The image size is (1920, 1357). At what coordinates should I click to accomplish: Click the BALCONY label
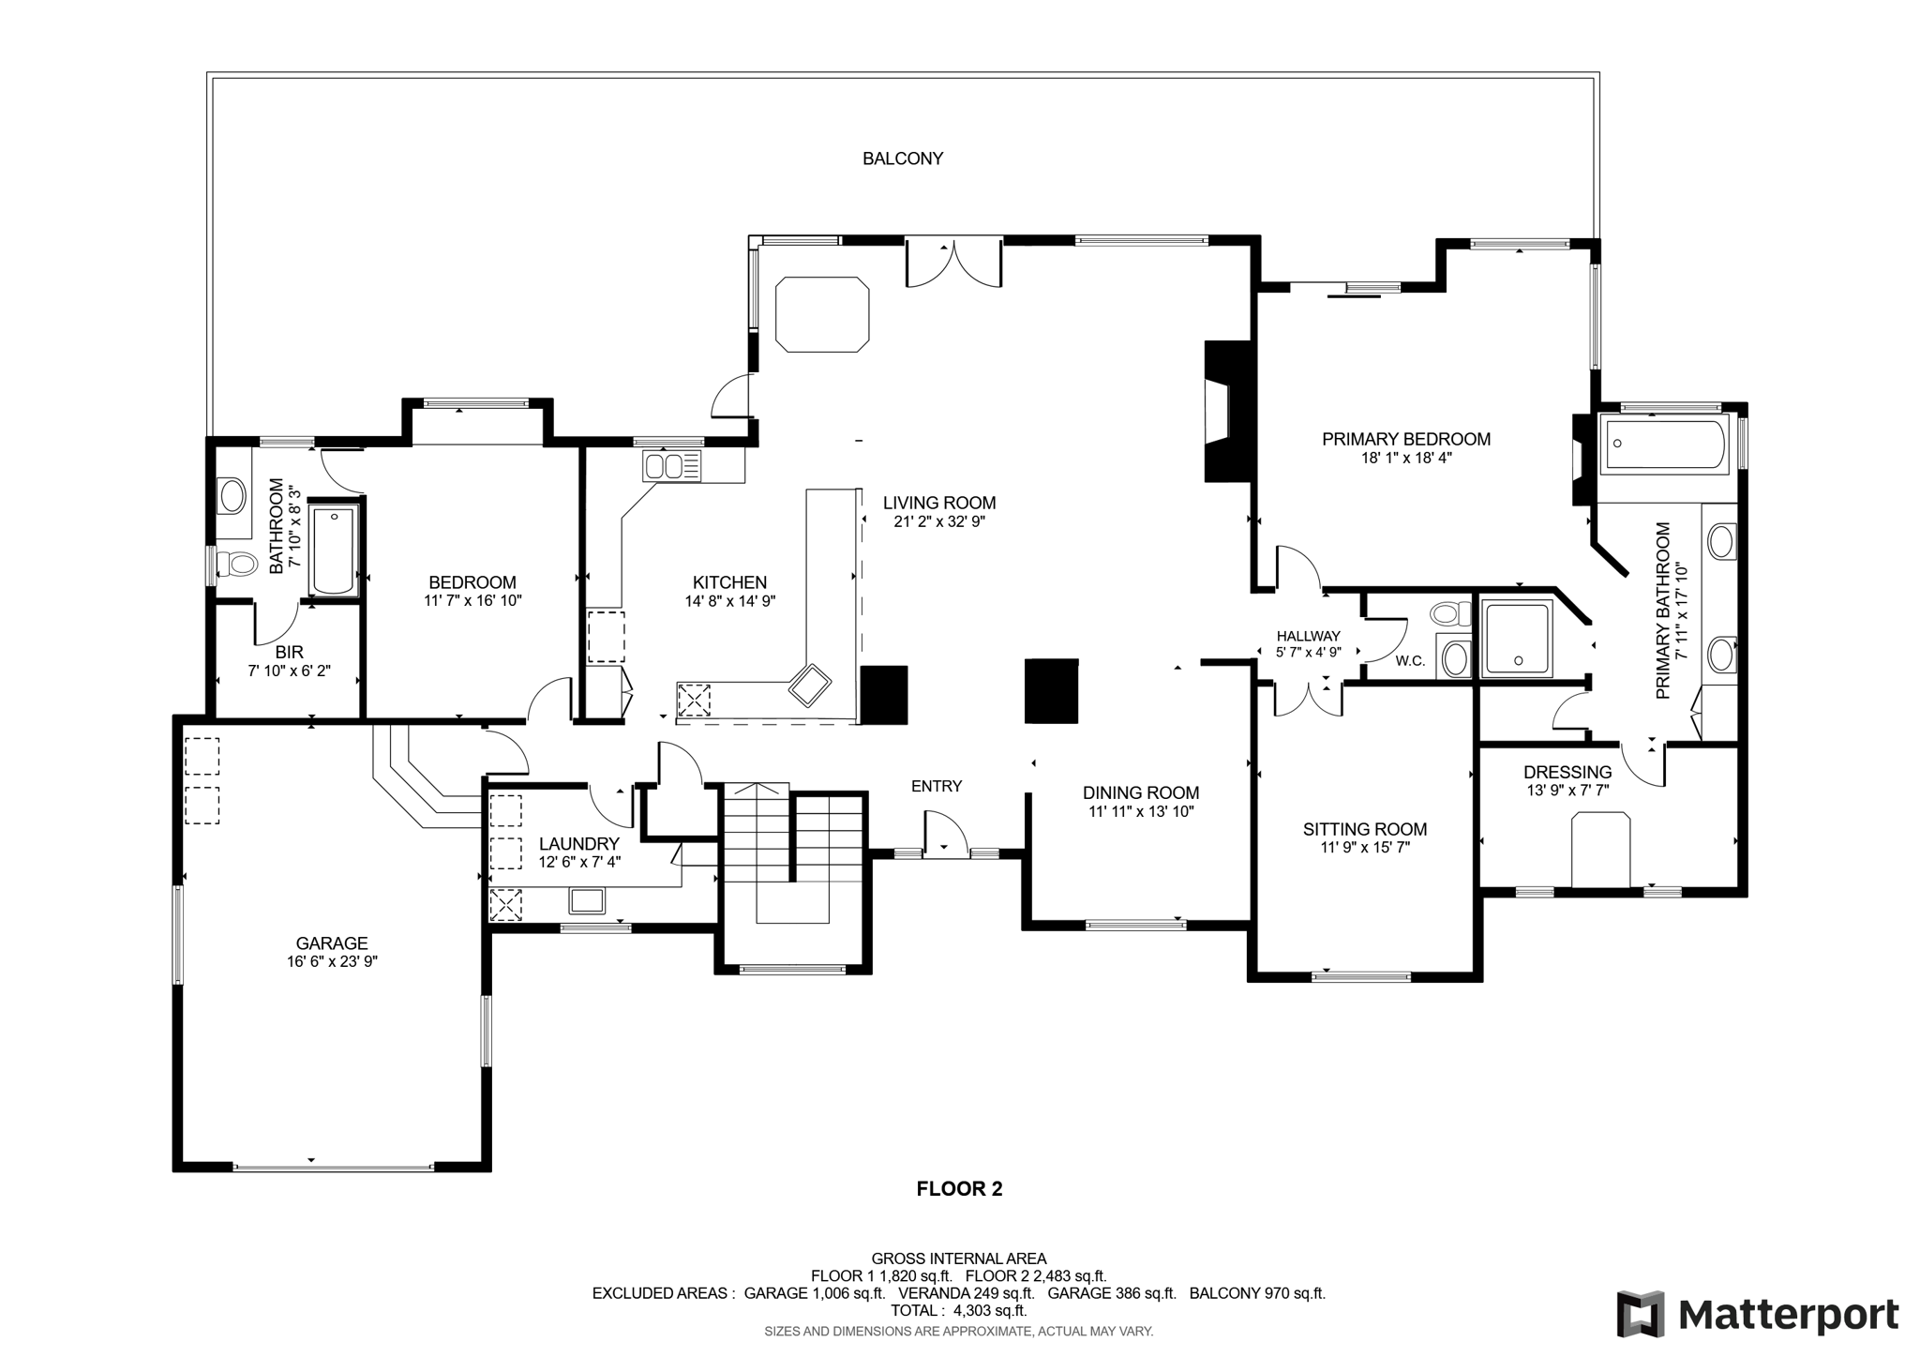(903, 158)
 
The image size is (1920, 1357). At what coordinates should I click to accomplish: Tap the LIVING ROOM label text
(939, 503)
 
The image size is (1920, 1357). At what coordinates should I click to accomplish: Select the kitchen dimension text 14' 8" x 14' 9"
(730, 601)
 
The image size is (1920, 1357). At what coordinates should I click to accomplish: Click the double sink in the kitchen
(672, 465)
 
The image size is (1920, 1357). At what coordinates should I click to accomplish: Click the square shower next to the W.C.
(1515, 638)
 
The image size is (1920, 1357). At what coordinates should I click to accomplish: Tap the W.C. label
(1410, 661)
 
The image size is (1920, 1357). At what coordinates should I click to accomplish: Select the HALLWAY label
(1308, 636)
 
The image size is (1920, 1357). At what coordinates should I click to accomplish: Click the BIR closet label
(290, 652)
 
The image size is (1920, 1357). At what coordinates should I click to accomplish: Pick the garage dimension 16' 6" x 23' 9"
(332, 961)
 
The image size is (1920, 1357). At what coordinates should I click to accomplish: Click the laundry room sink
(587, 901)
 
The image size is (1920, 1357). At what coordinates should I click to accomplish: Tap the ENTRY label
(937, 786)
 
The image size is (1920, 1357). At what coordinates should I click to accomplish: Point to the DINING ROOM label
(1141, 793)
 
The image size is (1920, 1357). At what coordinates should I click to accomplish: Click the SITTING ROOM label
(1365, 829)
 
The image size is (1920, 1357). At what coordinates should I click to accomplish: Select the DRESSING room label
(1567, 772)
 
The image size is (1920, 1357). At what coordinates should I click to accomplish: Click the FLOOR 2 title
(959, 1189)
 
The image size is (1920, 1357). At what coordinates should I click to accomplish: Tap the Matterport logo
(1758, 1314)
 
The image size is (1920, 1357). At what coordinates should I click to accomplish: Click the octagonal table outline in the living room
(822, 314)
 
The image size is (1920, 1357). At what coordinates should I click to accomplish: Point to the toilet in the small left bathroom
(236, 565)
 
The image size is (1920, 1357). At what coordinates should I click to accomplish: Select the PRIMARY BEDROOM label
(1406, 439)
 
